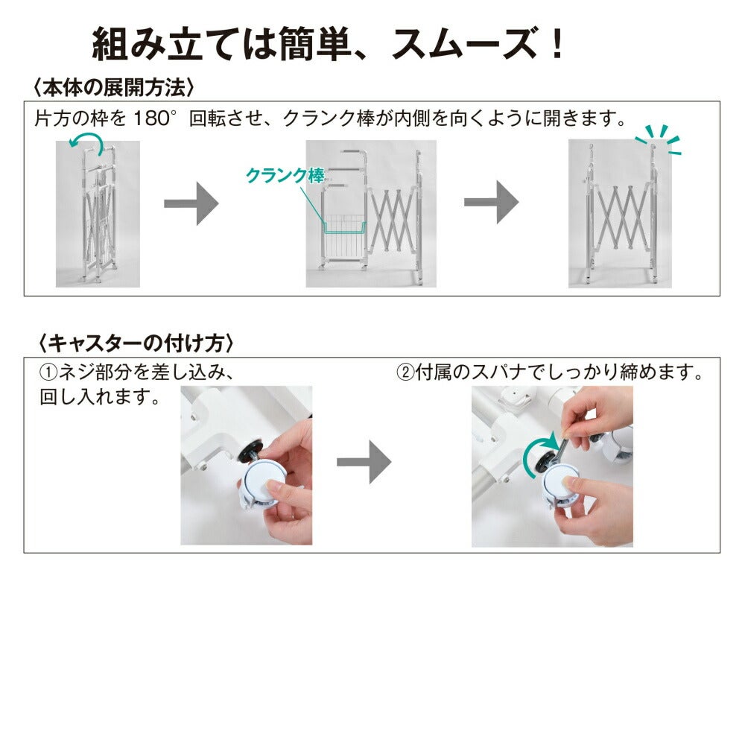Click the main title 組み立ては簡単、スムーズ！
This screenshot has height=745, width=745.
(327, 43)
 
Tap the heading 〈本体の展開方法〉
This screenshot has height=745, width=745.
(113, 88)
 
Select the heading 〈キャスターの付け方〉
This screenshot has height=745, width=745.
(136, 343)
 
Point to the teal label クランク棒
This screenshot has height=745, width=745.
(285, 176)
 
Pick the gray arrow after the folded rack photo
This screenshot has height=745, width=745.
(191, 203)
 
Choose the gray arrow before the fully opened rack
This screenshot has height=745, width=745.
(491, 202)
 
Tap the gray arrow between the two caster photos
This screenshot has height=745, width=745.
(364, 462)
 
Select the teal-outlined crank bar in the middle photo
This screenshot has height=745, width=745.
(344, 229)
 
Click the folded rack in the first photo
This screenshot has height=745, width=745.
(98, 214)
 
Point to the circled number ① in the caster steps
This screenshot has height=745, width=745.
(48, 372)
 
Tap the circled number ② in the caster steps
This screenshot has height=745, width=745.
(405, 372)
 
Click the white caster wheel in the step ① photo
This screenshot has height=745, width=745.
(263, 485)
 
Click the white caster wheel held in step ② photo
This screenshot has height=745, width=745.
(562, 488)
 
